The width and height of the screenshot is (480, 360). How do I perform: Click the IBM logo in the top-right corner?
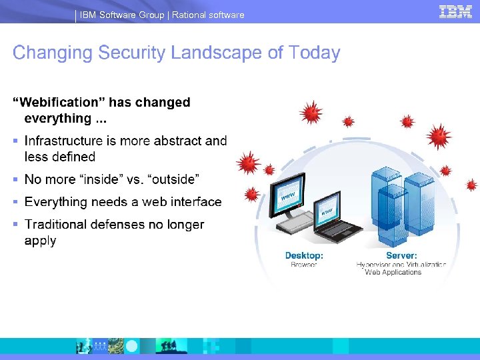tap(455, 11)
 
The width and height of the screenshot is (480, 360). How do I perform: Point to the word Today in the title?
tap(315, 53)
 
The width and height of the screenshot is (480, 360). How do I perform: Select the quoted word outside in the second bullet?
tap(173, 179)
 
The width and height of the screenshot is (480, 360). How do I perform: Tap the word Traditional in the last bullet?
tap(58, 225)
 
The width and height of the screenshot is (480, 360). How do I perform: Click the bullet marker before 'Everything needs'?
tap(15, 202)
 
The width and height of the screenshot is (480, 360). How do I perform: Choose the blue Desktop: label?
tap(304, 255)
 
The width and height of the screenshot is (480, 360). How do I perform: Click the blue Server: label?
tap(401, 255)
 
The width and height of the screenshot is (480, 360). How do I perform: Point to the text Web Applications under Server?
tap(393, 272)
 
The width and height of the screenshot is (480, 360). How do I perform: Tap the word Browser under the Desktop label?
tap(304, 265)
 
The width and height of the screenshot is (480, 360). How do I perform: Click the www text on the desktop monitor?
tap(288, 197)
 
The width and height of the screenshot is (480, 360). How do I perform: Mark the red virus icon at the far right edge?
tap(471, 185)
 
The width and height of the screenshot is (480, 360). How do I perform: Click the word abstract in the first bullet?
tap(178, 141)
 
